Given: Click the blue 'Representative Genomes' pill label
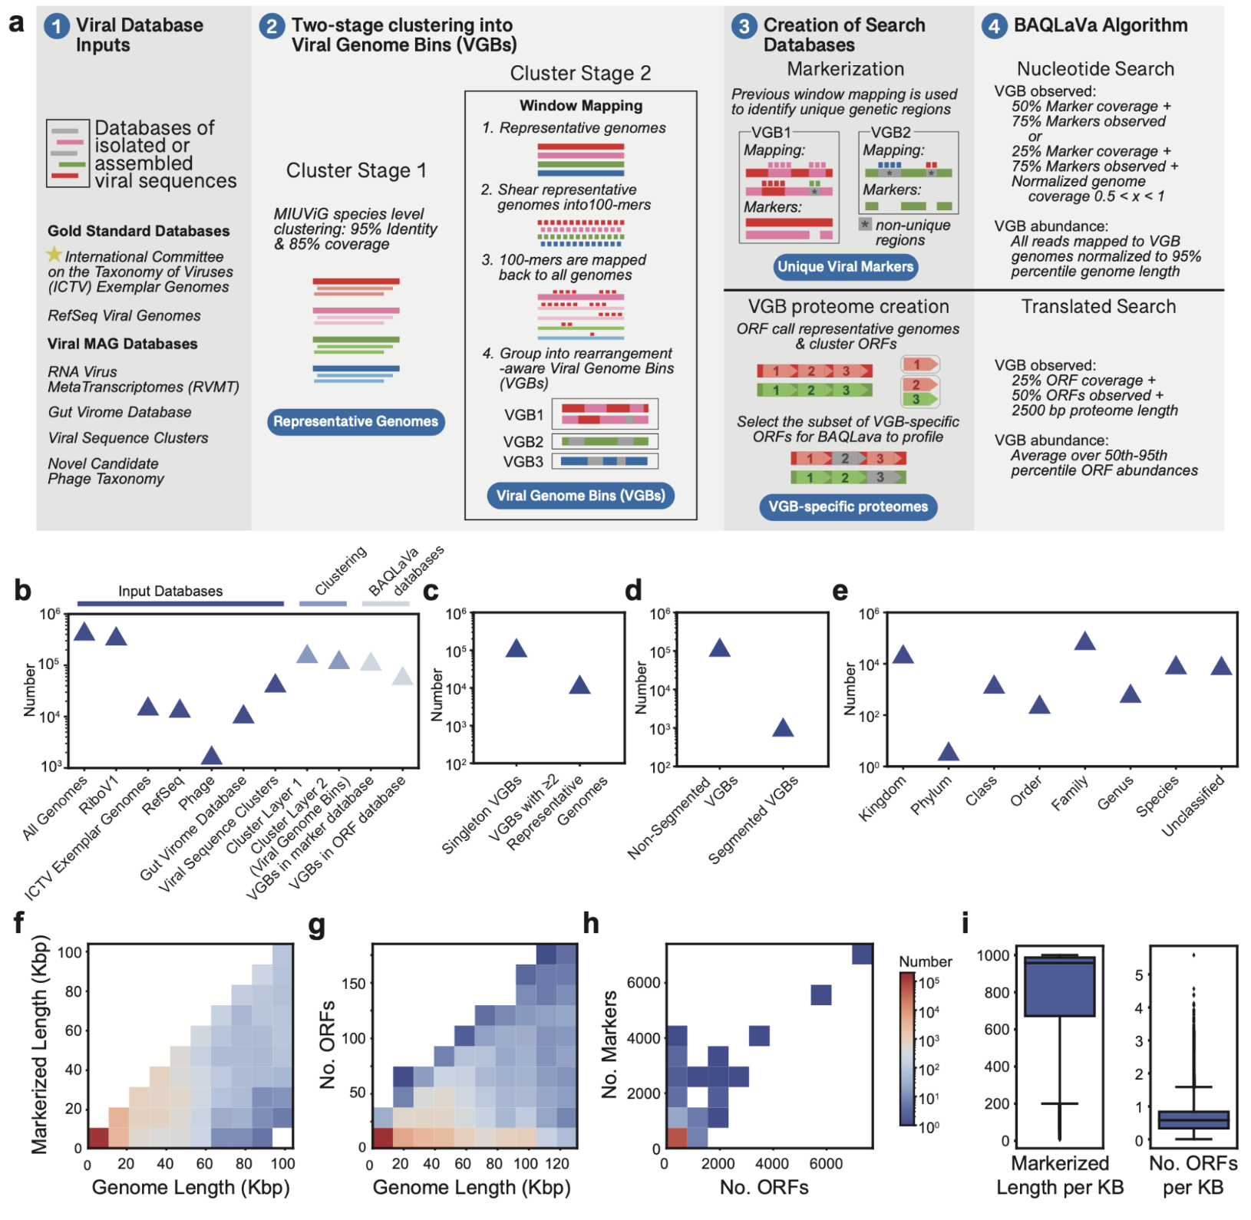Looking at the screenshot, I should [355, 421].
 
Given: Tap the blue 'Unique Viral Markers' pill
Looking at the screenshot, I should [845, 267].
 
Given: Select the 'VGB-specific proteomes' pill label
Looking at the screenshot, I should [847, 506].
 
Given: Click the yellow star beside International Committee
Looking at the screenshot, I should [54, 254].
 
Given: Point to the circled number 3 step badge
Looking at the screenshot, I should [743, 26].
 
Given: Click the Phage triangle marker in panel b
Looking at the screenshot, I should [211, 756].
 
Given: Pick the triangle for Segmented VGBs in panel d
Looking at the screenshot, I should [783, 727].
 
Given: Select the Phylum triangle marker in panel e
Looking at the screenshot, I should [949, 752].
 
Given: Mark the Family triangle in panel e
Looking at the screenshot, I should [1084, 641].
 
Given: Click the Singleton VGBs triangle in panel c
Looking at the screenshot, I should [517, 648].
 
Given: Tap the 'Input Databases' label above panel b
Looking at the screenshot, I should [170, 591].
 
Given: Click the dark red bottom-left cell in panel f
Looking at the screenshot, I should [98, 1137].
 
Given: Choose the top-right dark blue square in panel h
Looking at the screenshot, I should [861, 955].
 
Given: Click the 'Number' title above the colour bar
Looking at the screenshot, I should [925, 961].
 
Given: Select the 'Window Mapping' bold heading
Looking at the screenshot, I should [581, 106].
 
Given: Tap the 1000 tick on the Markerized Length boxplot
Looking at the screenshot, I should [992, 955].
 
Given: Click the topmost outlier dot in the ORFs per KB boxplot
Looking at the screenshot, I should [1193, 955].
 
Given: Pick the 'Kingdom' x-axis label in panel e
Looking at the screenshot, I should [883, 799].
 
